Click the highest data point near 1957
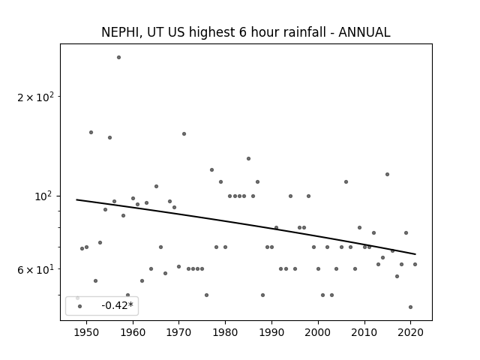[x=118, y=58]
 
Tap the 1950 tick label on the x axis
[x=87, y=333]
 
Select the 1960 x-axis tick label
[x=133, y=333]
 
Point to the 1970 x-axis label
[x=179, y=333]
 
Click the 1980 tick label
[x=225, y=333]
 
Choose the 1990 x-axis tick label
[x=271, y=333]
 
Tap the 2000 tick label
[x=318, y=333]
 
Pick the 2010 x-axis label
[x=364, y=333]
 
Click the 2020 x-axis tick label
[x=410, y=333]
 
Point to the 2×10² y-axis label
[x=35, y=97]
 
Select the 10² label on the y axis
[x=44, y=196]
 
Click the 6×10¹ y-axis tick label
[x=35, y=269]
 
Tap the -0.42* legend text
[x=118, y=305]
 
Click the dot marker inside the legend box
[x=80, y=307]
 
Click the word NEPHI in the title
[x=120, y=32]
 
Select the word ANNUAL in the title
[x=364, y=32]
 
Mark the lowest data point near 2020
[x=410, y=307]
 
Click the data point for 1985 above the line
[x=248, y=158]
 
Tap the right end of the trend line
[x=415, y=254]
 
